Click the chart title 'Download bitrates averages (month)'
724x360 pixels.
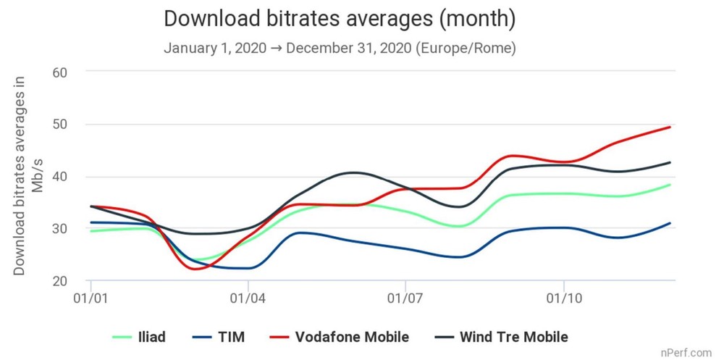340,20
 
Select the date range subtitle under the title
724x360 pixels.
340,49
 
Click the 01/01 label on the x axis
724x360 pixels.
90,298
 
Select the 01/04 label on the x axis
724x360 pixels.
248,298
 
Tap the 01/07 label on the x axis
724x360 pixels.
405,298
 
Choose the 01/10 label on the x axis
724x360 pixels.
563,298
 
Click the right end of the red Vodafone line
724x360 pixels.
670,127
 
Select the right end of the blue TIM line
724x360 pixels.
670,223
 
